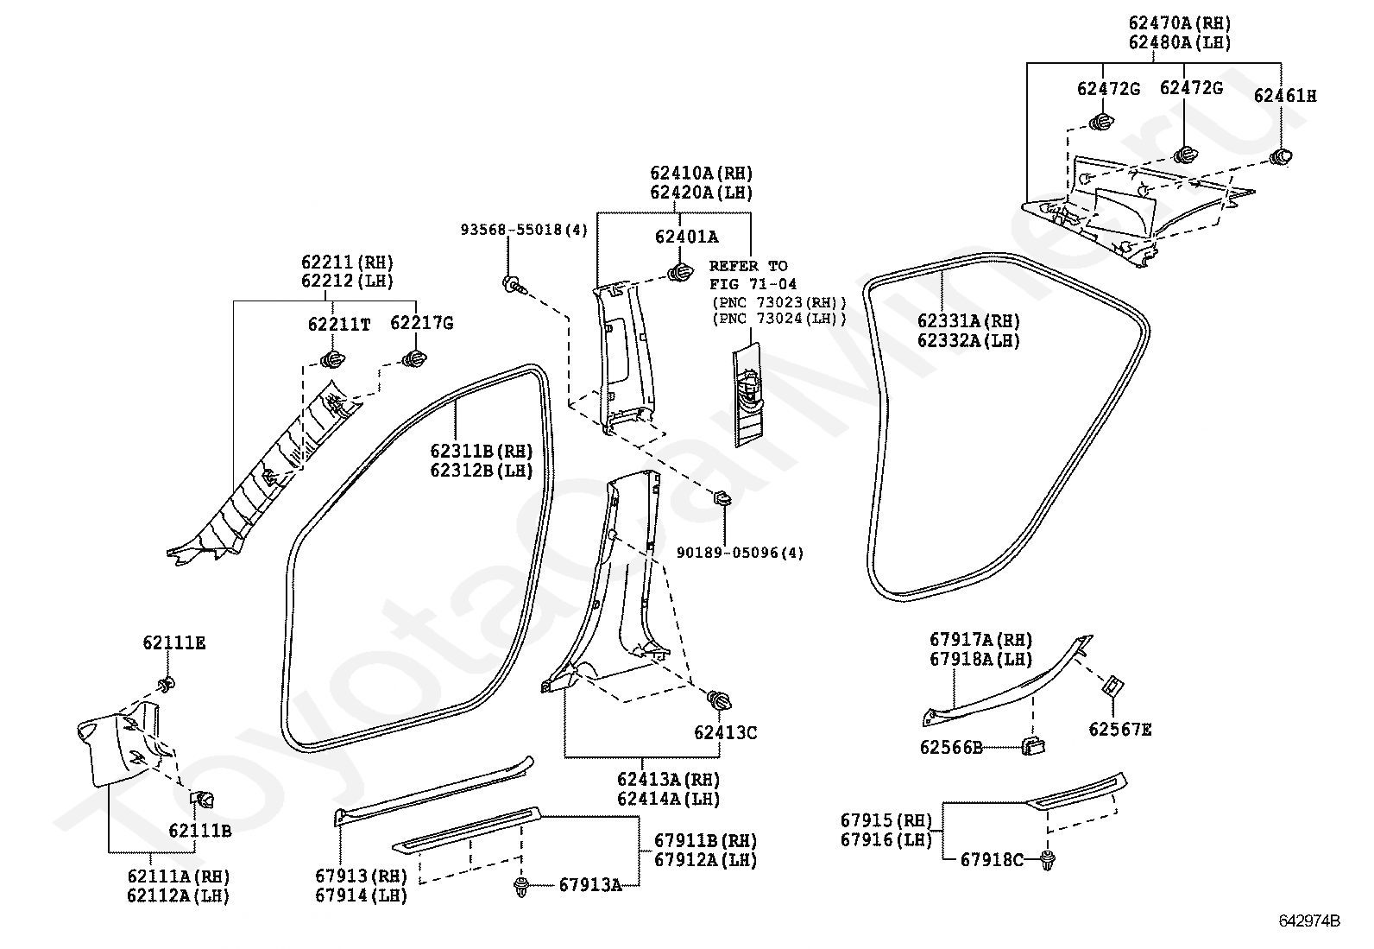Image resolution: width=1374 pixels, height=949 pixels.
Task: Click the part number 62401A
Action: point(686,237)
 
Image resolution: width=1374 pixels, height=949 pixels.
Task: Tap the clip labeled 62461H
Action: point(1281,157)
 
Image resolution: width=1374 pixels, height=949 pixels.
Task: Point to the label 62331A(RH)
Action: point(968,321)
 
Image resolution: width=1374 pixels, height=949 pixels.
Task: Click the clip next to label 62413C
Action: point(718,700)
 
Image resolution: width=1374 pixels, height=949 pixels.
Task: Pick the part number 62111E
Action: point(174,642)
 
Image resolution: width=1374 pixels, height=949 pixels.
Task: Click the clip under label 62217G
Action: point(414,358)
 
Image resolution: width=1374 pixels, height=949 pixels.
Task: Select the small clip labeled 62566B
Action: point(1033,746)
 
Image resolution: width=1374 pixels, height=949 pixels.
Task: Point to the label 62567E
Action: point(1120,730)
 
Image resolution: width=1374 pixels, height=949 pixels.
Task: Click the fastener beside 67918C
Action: point(1048,861)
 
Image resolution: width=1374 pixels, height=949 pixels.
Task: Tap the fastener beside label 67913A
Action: point(521,887)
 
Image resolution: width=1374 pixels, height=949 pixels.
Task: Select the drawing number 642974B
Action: point(1309,921)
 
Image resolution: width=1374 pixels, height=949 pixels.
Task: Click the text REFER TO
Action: point(748,267)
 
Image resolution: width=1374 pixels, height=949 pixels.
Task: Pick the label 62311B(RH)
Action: point(482,451)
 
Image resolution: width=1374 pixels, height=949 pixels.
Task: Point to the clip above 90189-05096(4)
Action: point(723,498)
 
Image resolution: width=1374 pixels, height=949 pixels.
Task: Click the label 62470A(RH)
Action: point(1180,23)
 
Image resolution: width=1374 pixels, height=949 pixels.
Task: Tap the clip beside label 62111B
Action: point(203,800)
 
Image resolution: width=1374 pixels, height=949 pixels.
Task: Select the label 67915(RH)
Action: point(886,820)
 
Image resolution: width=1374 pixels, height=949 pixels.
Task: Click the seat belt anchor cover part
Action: point(747,395)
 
